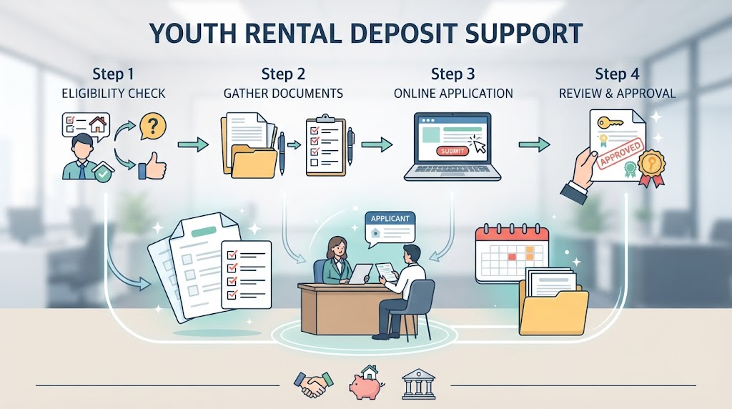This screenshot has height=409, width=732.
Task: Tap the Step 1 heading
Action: [x=113, y=74]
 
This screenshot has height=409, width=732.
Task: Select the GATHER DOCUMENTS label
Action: [x=283, y=94]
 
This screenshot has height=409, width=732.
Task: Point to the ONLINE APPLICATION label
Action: [x=452, y=94]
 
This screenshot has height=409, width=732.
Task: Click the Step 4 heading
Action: [x=617, y=74]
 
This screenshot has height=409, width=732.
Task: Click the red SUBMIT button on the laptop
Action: [x=452, y=151]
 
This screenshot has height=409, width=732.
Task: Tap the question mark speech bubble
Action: [x=152, y=126]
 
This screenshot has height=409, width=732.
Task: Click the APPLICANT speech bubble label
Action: [x=390, y=219]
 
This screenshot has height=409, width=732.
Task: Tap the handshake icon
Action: [x=313, y=384]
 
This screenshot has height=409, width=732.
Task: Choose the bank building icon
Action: [x=418, y=384]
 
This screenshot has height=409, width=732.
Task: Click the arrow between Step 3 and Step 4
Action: [x=534, y=144]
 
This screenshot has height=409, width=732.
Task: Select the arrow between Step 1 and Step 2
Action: [x=193, y=144]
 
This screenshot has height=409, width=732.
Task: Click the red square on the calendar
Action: [x=512, y=257]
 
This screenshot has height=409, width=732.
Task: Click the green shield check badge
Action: [x=103, y=173]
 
